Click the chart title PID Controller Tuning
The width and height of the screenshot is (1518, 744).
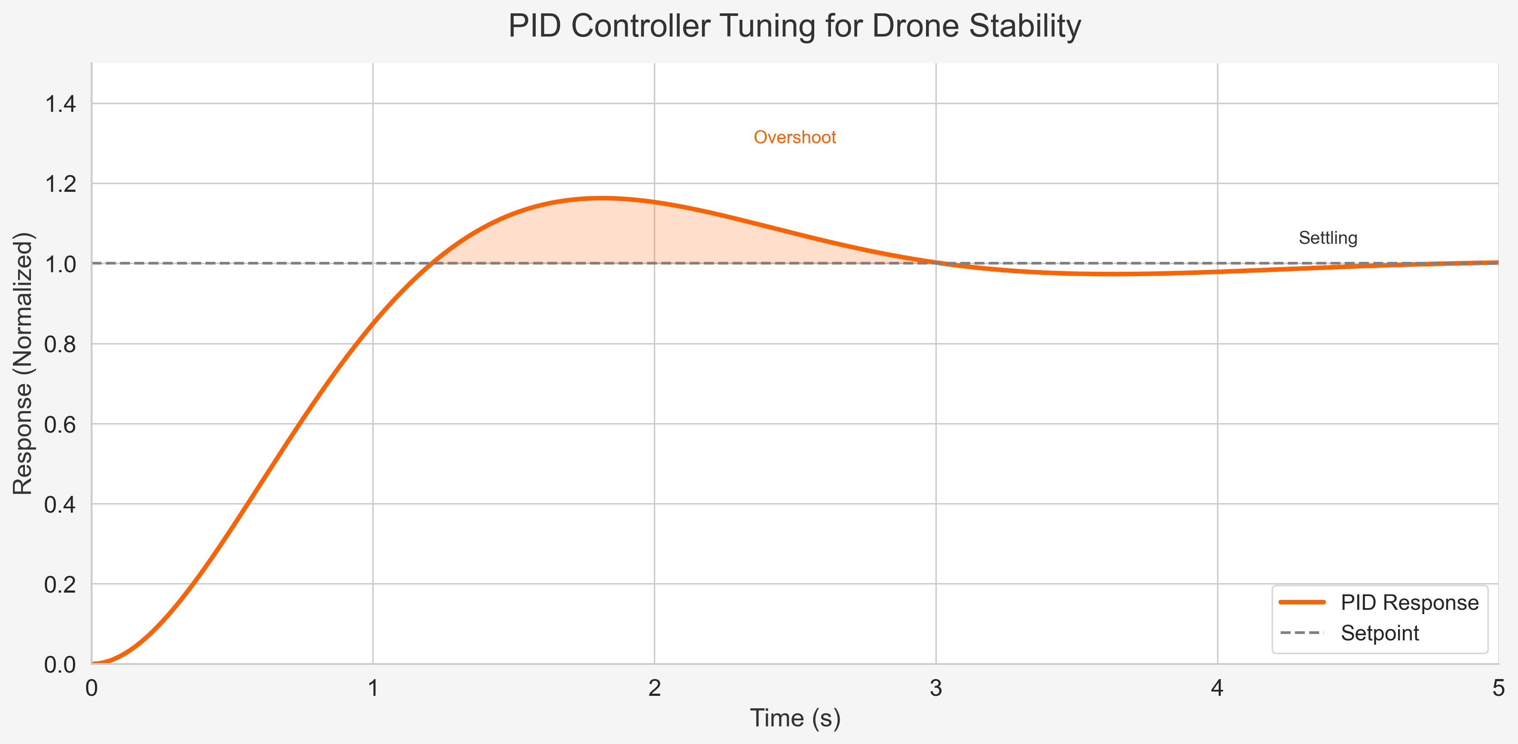[x=794, y=27]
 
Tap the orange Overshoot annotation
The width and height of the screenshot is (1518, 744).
[x=794, y=137]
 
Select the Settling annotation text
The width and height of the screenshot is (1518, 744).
[x=1328, y=238]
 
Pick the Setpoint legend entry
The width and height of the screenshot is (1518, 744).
[x=1380, y=633]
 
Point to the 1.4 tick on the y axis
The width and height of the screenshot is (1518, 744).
[x=60, y=105]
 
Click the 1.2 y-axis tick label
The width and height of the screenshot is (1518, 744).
[x=60, y=184]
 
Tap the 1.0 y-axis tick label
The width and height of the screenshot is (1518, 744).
[x=60, y=264]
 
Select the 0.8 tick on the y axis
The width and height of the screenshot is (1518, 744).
[x=60, y=344]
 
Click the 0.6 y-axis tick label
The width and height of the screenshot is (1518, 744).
[x=60, y=424]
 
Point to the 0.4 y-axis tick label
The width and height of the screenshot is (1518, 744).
[x=60, y=504]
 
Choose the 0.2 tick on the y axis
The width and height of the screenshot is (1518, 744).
[x=60, y=585]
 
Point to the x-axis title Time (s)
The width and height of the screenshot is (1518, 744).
[x=794, y=719]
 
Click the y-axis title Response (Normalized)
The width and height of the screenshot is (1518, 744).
[x=24, y=364]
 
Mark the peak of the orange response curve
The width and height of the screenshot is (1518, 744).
[x=602, y=198]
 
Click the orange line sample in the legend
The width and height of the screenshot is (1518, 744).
[x=1302, y=603]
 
